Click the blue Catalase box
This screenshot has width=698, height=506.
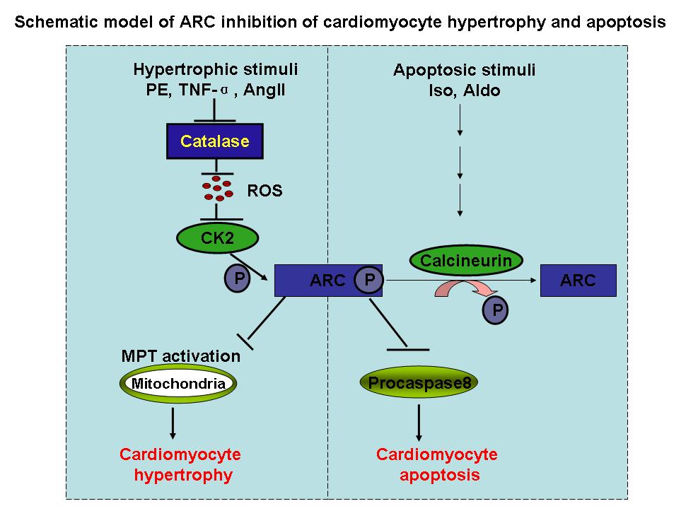[214, 141]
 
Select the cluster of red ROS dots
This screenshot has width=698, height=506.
[216, 187]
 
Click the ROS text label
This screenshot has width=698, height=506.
[264, 190]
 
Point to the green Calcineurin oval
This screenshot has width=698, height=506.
[466, 261]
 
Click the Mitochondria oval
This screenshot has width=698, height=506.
[176, 384]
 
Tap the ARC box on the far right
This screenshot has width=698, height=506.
[578, 281]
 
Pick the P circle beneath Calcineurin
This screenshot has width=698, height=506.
[496, 308]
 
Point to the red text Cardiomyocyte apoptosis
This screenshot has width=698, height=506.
[436, 464]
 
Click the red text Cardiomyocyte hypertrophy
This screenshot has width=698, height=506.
[180, 464]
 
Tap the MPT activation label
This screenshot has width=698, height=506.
[181, 355]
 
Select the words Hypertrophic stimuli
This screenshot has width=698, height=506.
[215, 69]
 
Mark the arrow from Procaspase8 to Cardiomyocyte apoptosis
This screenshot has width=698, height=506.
[419, 422]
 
